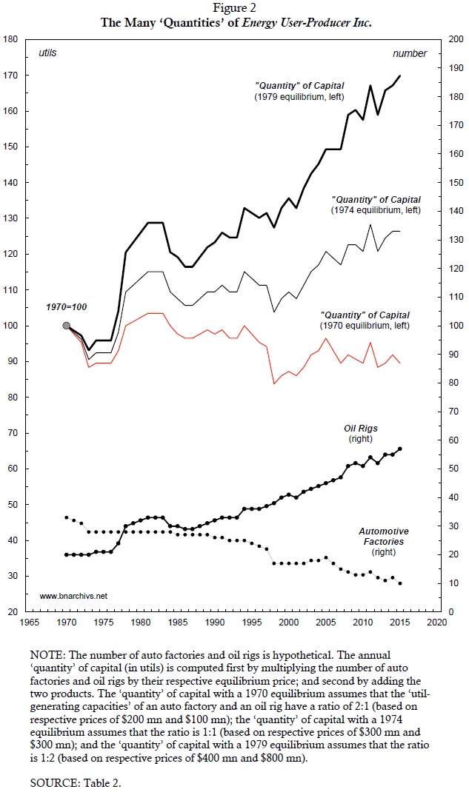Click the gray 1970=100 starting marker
coord(67,326)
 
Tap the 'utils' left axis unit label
coord(47,53)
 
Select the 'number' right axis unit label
coord(409,53)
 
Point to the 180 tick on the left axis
coord(11,39)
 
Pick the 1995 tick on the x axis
coord(252,623)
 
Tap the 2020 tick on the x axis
coord(436,623)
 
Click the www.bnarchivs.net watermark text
coord(73,595)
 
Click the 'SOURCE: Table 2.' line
coord(73,781)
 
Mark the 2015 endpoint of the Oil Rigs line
coord(400,449)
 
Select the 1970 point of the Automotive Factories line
coord(67,517)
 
